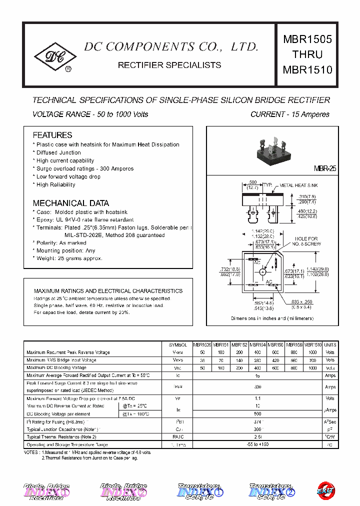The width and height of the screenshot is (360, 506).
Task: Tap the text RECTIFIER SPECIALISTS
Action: pyautogui.click(x=169, y=65)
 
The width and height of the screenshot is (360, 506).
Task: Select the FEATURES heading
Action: pyautogui.click(x=52, y=135)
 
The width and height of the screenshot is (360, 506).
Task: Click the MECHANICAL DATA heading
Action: pyautogui.click(x=70, y=203)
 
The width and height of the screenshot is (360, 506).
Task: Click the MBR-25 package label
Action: pyautogui.click(x=325, y=169)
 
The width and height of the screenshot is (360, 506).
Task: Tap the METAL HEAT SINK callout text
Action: pyautogui.click(x=298, y=185)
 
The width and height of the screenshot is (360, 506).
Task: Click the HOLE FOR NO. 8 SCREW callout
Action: pyautogui.click(x=306, y=241)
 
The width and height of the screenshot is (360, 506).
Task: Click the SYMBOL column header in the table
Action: pyautogui.click(x=177, y=345)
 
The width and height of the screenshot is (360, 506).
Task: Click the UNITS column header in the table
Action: pyautogui.click(x=330, y=345)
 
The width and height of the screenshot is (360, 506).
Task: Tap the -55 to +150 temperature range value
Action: pyautogui.click(x=257, y=444)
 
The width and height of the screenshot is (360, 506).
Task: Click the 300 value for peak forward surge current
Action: pyautogui.click(x=257, y=386)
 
